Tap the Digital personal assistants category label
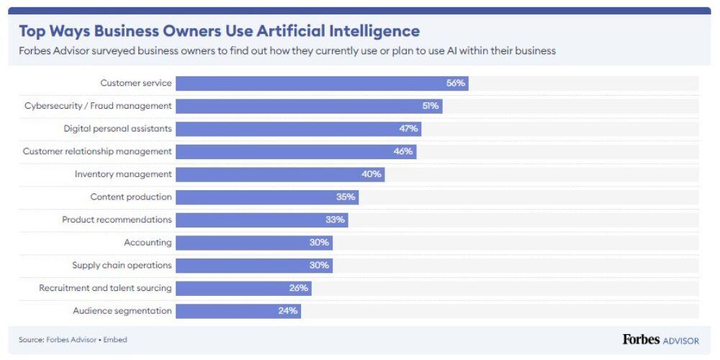[x=117, y=129]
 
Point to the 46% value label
[x=403, y=152]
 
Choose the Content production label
[x=130, y=197]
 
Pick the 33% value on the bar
[x=336, y=220]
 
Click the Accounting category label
[x=148, y=243]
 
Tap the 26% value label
[x=299, y=288]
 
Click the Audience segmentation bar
[x=238, y=311]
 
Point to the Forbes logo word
[x=640, y=340]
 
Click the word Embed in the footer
[x=115, y=340]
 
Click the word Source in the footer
[x=31, y=340]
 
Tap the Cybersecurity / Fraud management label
[x=97, y=106]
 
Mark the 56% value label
[x=456, y=84]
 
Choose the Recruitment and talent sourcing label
[x=105, y=288]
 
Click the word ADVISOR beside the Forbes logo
[x=680, y=341]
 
